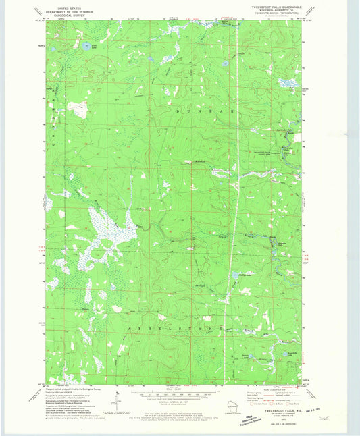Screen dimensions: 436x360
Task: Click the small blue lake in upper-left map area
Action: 86,47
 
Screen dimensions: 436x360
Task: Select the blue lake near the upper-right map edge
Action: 287,84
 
